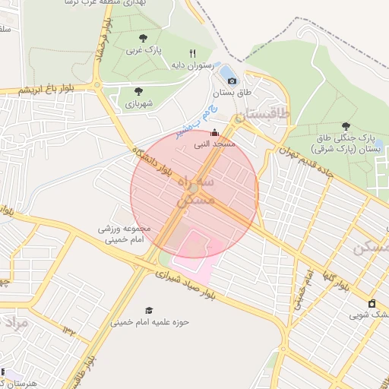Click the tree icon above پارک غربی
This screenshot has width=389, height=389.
click(x=142, y=38)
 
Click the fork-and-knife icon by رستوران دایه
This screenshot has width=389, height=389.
click(x=191, y=53)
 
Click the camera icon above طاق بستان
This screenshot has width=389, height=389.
click(x=232, y=81)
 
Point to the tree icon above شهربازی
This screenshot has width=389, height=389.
click(x=138, y=91)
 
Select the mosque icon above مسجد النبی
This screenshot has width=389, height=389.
click(x=213, y=131)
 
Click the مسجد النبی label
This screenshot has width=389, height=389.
click(x=214, y=144)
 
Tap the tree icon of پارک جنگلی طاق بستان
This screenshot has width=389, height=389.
click(x=346, y=126)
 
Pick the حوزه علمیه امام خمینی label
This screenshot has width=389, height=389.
click(x=150, y=322)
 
